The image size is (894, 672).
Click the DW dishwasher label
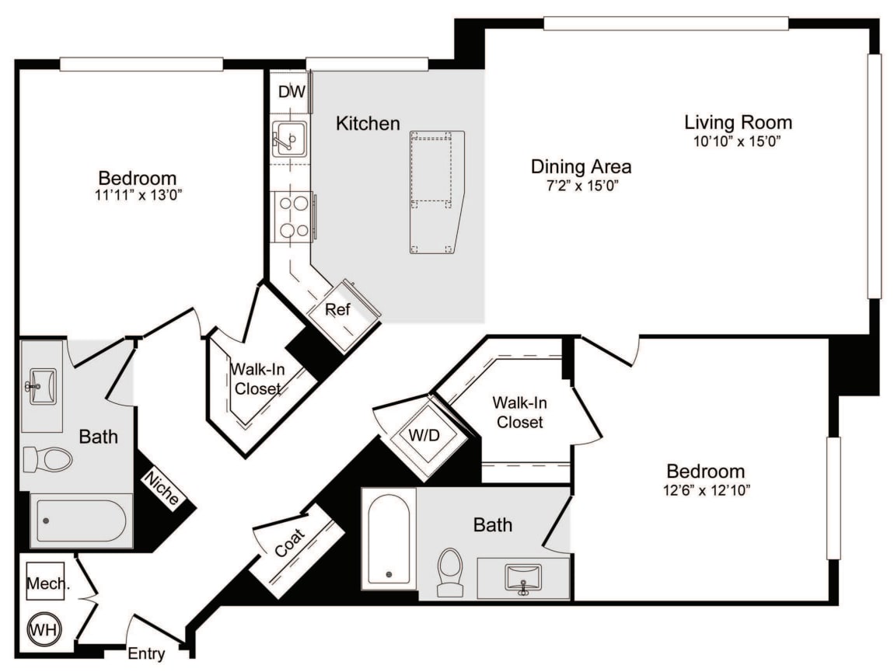tap(292, 92)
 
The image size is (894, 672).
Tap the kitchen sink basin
tap(289, 140)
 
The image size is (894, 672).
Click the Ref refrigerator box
tap(337, 310)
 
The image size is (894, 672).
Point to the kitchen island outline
tap(436, 191)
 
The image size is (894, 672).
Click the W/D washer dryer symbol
tap(424, 435)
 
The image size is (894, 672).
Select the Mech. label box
tap(46, 582)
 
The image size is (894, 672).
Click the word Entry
tap(146, 653)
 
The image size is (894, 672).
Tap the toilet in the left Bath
tap(48, 458)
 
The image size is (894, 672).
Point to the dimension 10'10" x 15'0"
tap(737, 141)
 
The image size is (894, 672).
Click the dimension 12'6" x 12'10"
tap(705, 490)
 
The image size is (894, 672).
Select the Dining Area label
tap(581, 166)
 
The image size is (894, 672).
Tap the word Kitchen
tap(368, 123)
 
